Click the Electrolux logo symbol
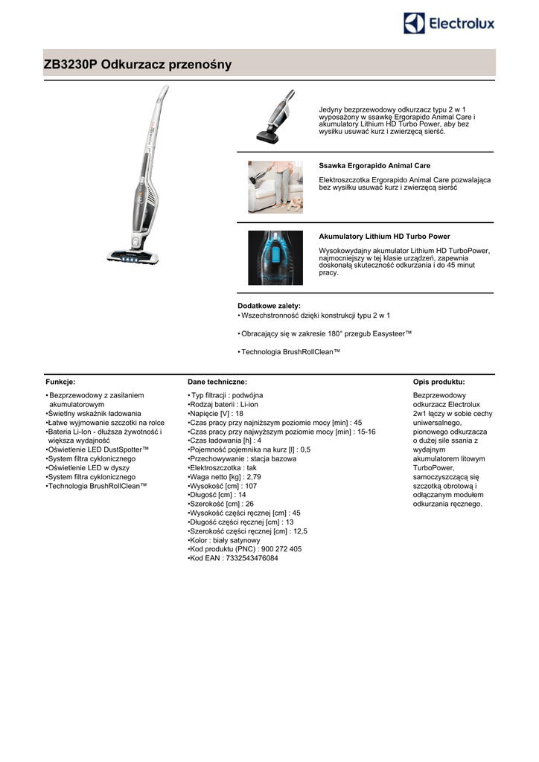click(x=415, y=24)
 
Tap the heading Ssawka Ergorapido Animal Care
click(x=374, y=165)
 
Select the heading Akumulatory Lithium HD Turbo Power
click(x=384, y=236)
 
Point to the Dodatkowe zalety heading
click(x=269, y=306)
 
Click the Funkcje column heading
click(x=60, y=381)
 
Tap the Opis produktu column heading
click(x=438, y=381)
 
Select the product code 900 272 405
click(x=277, y=549)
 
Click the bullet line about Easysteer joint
click(x=325, y=333)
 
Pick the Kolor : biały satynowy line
click(x=224, y=540)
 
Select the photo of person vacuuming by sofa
click(x=275, y=187)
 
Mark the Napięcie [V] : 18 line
click(x=216, y=413)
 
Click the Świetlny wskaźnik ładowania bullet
click(x=94, y=413)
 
